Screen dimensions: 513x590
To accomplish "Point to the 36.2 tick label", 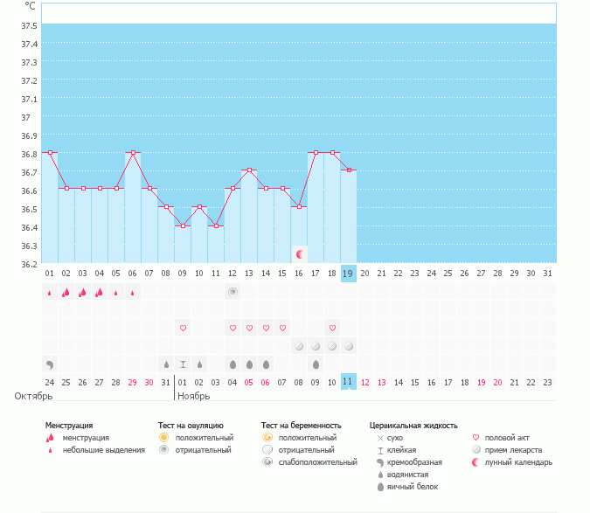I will (x=29, y=263).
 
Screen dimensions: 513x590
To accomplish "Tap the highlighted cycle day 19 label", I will (x=348, y=273).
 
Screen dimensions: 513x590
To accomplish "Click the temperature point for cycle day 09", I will (x=183, y=225).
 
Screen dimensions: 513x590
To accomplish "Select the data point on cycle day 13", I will (x=249, y=170).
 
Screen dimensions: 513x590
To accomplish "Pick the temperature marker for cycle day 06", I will (x=133, y=152).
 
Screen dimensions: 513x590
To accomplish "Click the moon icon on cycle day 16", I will (x=300, y=253).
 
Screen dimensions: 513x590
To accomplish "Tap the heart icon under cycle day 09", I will (x=183, y=329).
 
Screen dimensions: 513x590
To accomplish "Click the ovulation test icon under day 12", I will (x=233, y=292).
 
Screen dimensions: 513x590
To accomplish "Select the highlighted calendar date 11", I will (x=348, y=381).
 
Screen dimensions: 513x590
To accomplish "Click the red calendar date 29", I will (x=133, y=382).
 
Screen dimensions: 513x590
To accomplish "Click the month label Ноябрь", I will (x=193, y=396).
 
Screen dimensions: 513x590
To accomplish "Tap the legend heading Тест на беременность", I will (x=302, y=426).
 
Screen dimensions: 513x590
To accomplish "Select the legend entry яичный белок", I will (x=406, y=486).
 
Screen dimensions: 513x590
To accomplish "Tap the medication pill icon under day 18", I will (x=332, y=346).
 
